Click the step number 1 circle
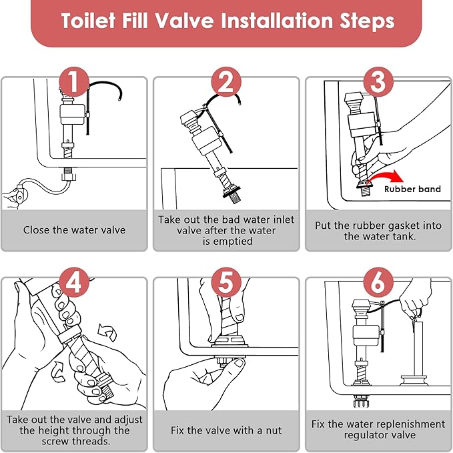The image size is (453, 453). pyautogui.click(x=75, y=82)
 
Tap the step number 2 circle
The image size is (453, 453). pyautogui.click(x=226, y=82)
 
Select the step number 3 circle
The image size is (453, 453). pyautogui.click(x=378, y=82)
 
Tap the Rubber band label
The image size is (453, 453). pyautogui.click(x=412, y=189)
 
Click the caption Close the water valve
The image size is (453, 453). pyautogui.click(x=74, y=230)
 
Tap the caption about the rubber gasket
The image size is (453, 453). pyautogui.click(x=378, y=231)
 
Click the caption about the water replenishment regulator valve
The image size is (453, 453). pyautogui.click(x=378, y=430)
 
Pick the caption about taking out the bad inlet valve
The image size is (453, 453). pyautogui.click(x=226, y=230)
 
